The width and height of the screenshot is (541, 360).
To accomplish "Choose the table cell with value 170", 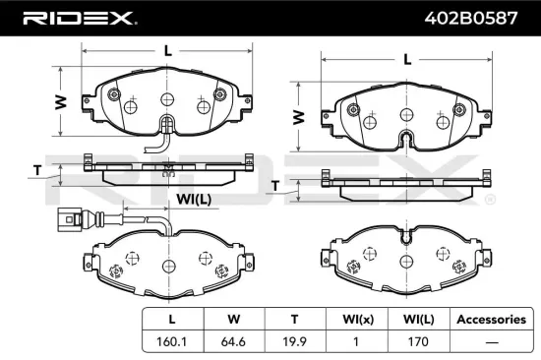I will pos(416,343).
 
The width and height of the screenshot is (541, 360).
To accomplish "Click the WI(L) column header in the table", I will pos(416,320).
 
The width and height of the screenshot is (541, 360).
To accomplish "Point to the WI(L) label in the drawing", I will pos(193,200).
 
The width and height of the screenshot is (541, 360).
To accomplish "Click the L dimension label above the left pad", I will pos(168,49).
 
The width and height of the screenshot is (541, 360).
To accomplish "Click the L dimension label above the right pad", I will pos(406,59).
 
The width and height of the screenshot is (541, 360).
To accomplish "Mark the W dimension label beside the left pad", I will pos(60,101).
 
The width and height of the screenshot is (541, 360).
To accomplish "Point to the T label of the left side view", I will pos(36,170).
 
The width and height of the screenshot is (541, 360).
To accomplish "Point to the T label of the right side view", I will pos(275,185).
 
